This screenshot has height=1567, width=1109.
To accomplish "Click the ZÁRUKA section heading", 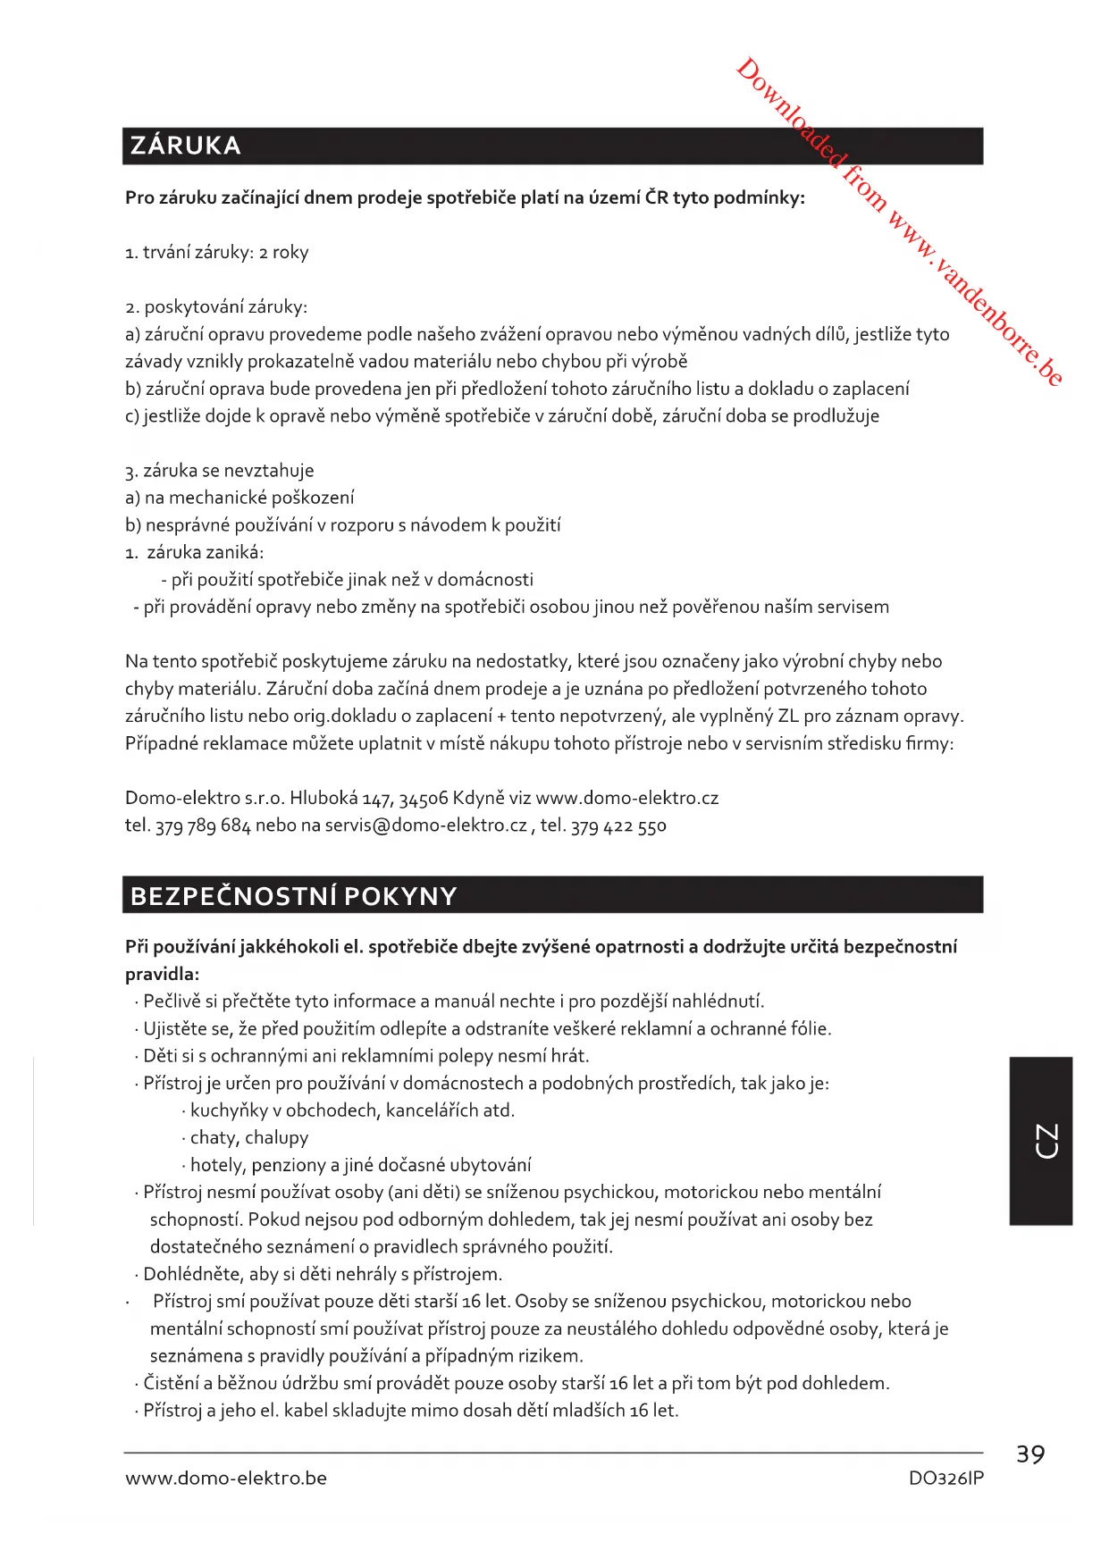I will point(186,146).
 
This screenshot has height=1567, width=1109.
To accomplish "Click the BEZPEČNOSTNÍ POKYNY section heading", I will point(293,896).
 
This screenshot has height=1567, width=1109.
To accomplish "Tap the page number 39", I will point(1030,1455).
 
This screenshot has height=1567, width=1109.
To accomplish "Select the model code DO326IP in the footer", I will point(945,1479).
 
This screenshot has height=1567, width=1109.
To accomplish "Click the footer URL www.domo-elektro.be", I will point(226,1479).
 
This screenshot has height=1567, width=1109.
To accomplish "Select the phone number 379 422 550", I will point(618,825).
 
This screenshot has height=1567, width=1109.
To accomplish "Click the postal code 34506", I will point(424,798).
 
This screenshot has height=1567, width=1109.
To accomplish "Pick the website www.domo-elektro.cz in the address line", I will point(626,798).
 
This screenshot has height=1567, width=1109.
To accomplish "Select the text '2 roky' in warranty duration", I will point(284,253).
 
